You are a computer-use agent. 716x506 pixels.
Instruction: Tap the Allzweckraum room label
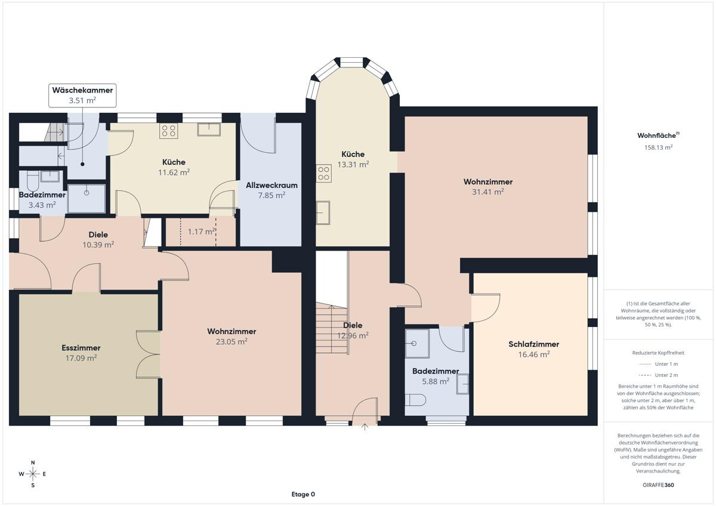[x=271, y=185]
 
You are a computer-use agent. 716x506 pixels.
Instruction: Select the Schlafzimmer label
[x=534, y=344]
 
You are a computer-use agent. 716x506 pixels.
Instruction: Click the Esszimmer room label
[x=81, y=348]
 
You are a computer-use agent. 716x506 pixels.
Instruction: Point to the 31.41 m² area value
[x=488, y=192]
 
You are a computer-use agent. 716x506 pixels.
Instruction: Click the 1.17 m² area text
[x=202, y=232]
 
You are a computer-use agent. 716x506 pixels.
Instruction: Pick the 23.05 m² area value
[x=232, y=342]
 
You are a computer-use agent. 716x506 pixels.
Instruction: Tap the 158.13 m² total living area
[x=659, y=147]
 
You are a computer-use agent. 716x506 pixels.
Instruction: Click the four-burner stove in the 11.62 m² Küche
[x=169, y=131]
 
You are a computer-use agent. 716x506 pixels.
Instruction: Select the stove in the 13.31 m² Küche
[x=324, y=174]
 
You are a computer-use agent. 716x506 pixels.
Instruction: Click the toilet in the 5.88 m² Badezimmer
[x=415, y=400]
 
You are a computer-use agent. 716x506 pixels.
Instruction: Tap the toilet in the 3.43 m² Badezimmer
[x=33, y=181]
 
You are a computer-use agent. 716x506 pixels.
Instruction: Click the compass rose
[x=33, y=474]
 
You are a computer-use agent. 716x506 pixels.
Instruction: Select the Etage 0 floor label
[x=303, y=494]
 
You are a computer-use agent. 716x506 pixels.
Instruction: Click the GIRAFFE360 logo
[x=659, y=485]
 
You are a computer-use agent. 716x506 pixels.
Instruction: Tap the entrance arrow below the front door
[x=365, y=427]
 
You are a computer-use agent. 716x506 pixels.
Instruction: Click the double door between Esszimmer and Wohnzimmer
[x=148, y=355]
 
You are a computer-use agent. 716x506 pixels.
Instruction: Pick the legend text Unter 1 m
[x=666, y=364]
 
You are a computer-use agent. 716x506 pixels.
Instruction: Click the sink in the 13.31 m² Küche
[x=323, y=212]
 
